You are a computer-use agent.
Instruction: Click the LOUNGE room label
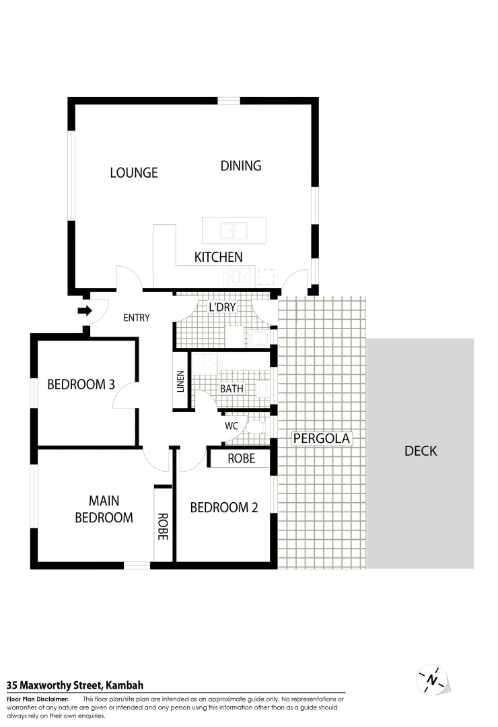pyautogui.click(x=133, y=173)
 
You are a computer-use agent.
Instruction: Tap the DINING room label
pyautogui.click(x=240, y=166)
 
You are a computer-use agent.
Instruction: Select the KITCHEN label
pyautogui.click(x=218, y=257)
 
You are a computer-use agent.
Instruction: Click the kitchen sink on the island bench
pyautogui.click(x=234, y=231)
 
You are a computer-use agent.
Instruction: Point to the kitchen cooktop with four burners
pyautogui.click(x=237, y=275)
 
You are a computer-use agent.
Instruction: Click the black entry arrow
pyautogui.click(x=84, y=310)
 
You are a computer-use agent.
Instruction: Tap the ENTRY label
pyautogui.click(x=136, y=318)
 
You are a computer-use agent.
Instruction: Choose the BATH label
pyautogui.click(x=232, y=389)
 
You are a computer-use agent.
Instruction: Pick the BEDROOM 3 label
pyautogui.click(x=81, y=385)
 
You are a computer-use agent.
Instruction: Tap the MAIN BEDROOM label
pyautogui.click(x=104, y=509)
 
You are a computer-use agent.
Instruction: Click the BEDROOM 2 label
pyautogui.click(x=223, y=508)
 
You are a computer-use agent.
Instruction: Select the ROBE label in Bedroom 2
pyautogui.click(x=241, y=459)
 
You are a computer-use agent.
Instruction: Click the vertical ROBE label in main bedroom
pyautogui.click(x=162, y=527)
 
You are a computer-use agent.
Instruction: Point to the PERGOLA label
pyautogui.click(x=322, y=439)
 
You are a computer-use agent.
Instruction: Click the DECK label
pyautogui.click(x=420, y=451)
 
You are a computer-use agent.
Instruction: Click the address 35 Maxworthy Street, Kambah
pyautogui.click(x=75, y=685)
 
